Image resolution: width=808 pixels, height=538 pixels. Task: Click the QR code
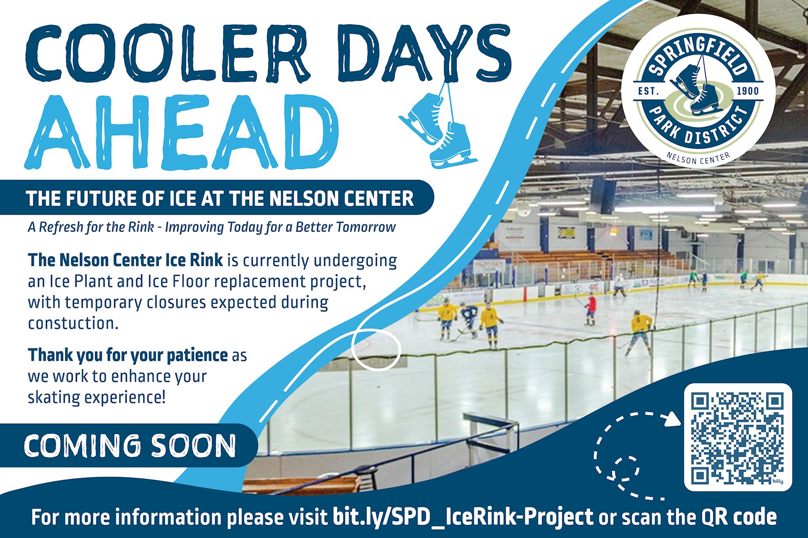coord(738,437)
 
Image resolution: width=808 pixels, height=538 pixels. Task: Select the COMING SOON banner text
coord(130,446)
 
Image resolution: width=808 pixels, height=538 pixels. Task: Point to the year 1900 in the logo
coord(748,91)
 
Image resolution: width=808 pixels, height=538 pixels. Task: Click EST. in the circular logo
coord(649,91)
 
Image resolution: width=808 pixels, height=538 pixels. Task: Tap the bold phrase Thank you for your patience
coord(128,355)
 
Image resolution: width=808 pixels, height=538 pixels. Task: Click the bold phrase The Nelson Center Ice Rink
coord(125,260)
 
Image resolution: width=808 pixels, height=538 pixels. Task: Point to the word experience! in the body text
coord(125,397)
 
